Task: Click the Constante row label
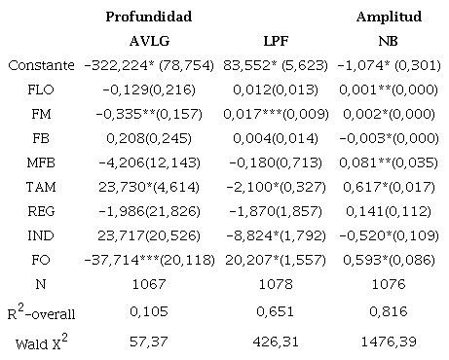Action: tap(41, 65)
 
